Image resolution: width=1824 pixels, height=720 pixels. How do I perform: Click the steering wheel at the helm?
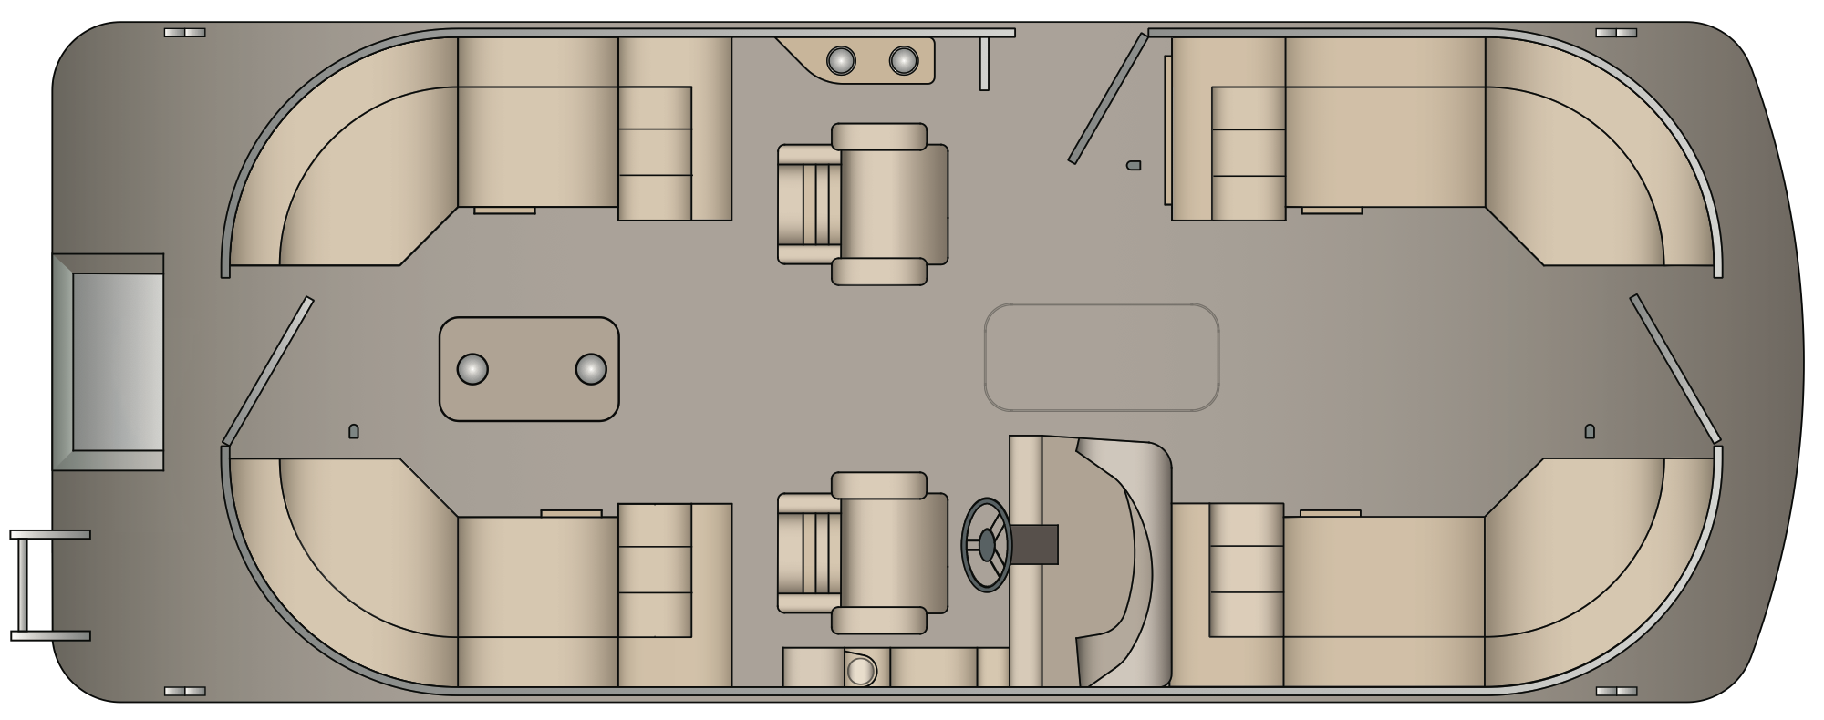tap(987, 545)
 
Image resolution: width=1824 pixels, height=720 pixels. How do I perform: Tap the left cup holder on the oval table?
tap(472, 369)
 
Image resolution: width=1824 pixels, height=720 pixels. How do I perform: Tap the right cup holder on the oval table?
tap(591, 369)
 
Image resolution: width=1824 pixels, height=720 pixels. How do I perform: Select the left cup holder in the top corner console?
tap(841, 61)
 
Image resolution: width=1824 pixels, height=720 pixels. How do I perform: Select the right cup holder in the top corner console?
tap(903, 61)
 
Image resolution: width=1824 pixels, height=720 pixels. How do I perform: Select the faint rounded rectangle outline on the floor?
tap(1102, 357)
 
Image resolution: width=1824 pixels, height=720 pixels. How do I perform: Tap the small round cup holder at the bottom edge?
tap(860, 671)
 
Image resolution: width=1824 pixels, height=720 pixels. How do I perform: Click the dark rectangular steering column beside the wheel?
tap(1035, 544)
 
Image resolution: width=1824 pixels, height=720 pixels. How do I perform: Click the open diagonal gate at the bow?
tap(1674, 368)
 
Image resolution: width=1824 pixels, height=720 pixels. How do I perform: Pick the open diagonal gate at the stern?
tap(268, 370)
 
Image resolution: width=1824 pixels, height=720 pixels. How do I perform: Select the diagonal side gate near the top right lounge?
tap(1108, 98)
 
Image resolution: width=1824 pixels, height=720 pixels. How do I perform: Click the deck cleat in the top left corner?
tap(184, 33)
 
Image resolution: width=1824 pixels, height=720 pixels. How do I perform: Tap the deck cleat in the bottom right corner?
tap(1615, 692)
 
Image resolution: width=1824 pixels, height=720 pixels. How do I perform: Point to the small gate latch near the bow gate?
tap(1590, 431)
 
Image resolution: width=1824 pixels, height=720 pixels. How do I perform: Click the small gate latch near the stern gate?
tap(354, 431)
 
